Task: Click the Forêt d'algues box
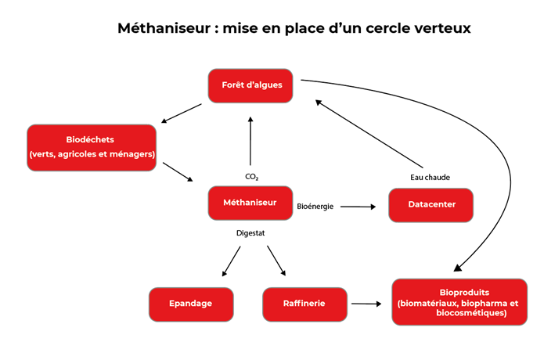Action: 250,85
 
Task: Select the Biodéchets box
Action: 92,147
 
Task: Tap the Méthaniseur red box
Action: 250,203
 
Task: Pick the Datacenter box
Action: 431,205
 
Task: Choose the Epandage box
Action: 191,304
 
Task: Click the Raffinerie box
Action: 304,304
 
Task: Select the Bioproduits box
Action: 459,302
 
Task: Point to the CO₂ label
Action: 251,177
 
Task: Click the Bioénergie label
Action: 315,207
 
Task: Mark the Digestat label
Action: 250,233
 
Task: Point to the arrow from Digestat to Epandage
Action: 231,261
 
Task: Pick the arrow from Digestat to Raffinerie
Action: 277,261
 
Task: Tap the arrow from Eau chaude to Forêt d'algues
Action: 369,133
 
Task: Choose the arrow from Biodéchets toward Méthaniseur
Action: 178,172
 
